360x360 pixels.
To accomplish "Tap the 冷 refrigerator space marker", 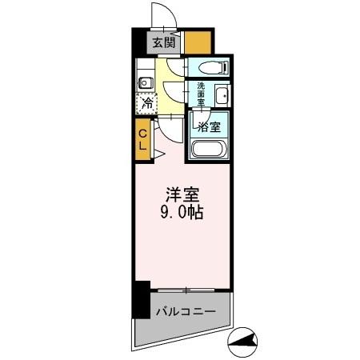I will pos(146,102).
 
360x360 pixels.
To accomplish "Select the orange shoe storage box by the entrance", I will pos(198,41).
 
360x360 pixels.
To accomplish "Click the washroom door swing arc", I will pos(175,94).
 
